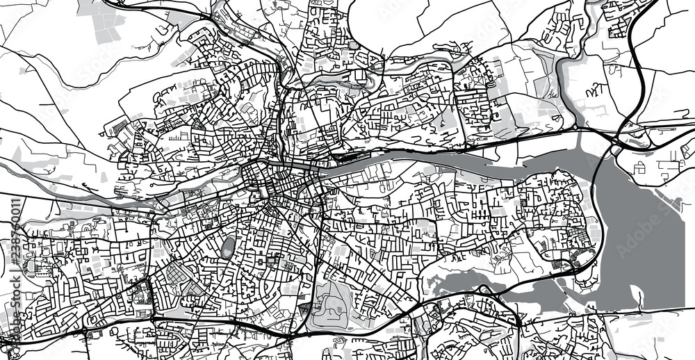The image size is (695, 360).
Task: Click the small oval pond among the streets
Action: (228, 247)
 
